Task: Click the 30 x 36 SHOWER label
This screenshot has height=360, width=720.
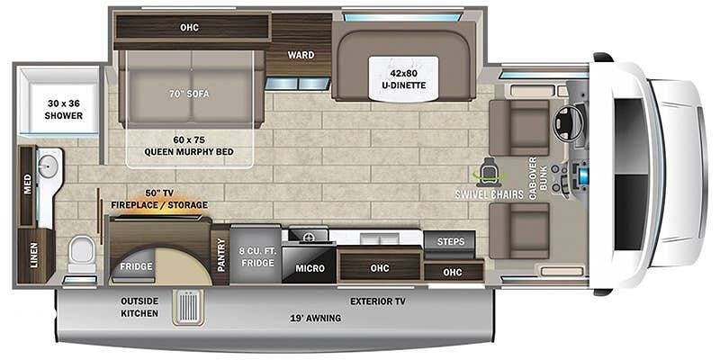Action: (64, 109)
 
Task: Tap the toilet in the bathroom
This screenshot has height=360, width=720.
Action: (82, 254)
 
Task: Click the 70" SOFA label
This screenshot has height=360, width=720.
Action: (189, 91)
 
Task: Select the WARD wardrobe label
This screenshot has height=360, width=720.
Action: (301, 55)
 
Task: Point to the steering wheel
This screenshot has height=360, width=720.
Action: (569, 123)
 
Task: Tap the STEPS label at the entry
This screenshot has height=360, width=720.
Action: (450, 241)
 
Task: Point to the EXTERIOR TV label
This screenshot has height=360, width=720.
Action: (377, 301)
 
